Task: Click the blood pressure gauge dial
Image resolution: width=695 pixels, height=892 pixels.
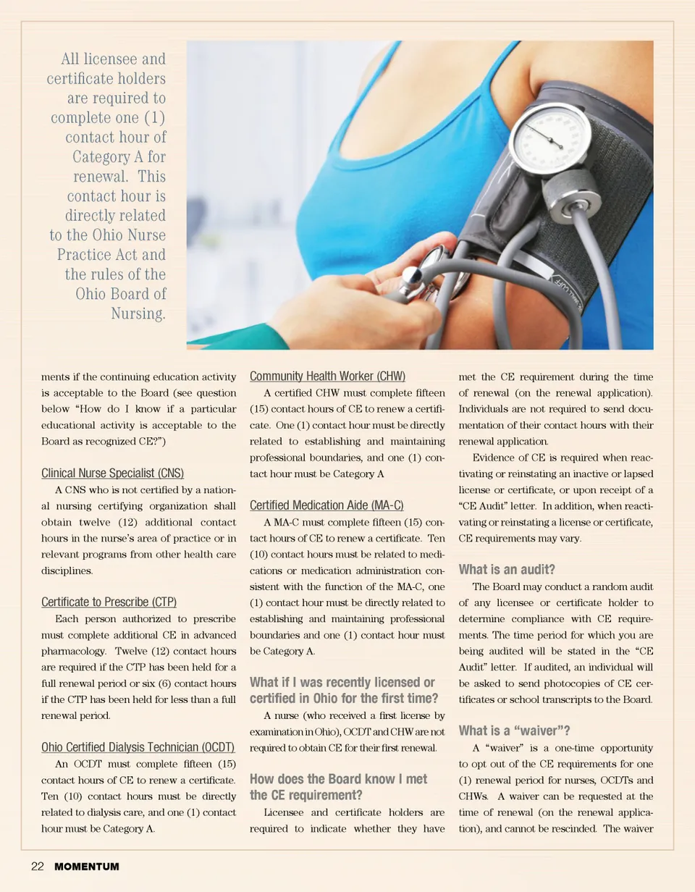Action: (x=549, y=138)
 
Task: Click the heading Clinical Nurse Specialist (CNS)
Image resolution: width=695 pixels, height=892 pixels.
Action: (x=112, y=474)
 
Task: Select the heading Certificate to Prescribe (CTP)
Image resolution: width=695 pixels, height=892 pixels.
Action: (x=109, y=602)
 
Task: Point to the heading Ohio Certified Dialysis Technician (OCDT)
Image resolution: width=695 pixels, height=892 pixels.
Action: (x=138, y=746)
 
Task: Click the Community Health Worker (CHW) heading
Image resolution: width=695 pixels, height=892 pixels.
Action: (x=327, y=376)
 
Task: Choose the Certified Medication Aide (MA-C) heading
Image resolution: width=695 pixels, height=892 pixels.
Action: (x=327, y=505)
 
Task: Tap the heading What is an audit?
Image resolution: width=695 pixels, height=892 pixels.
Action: (x=507, y=569)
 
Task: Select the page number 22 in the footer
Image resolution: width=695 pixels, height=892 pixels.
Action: (x=38, y=867)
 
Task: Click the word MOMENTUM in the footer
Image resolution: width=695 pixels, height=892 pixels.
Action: (x=86, y=867)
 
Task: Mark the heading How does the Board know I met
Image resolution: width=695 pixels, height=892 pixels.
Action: (x=338, y=779)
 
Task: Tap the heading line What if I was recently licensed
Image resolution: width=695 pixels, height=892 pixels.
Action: (x=342, y=682)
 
